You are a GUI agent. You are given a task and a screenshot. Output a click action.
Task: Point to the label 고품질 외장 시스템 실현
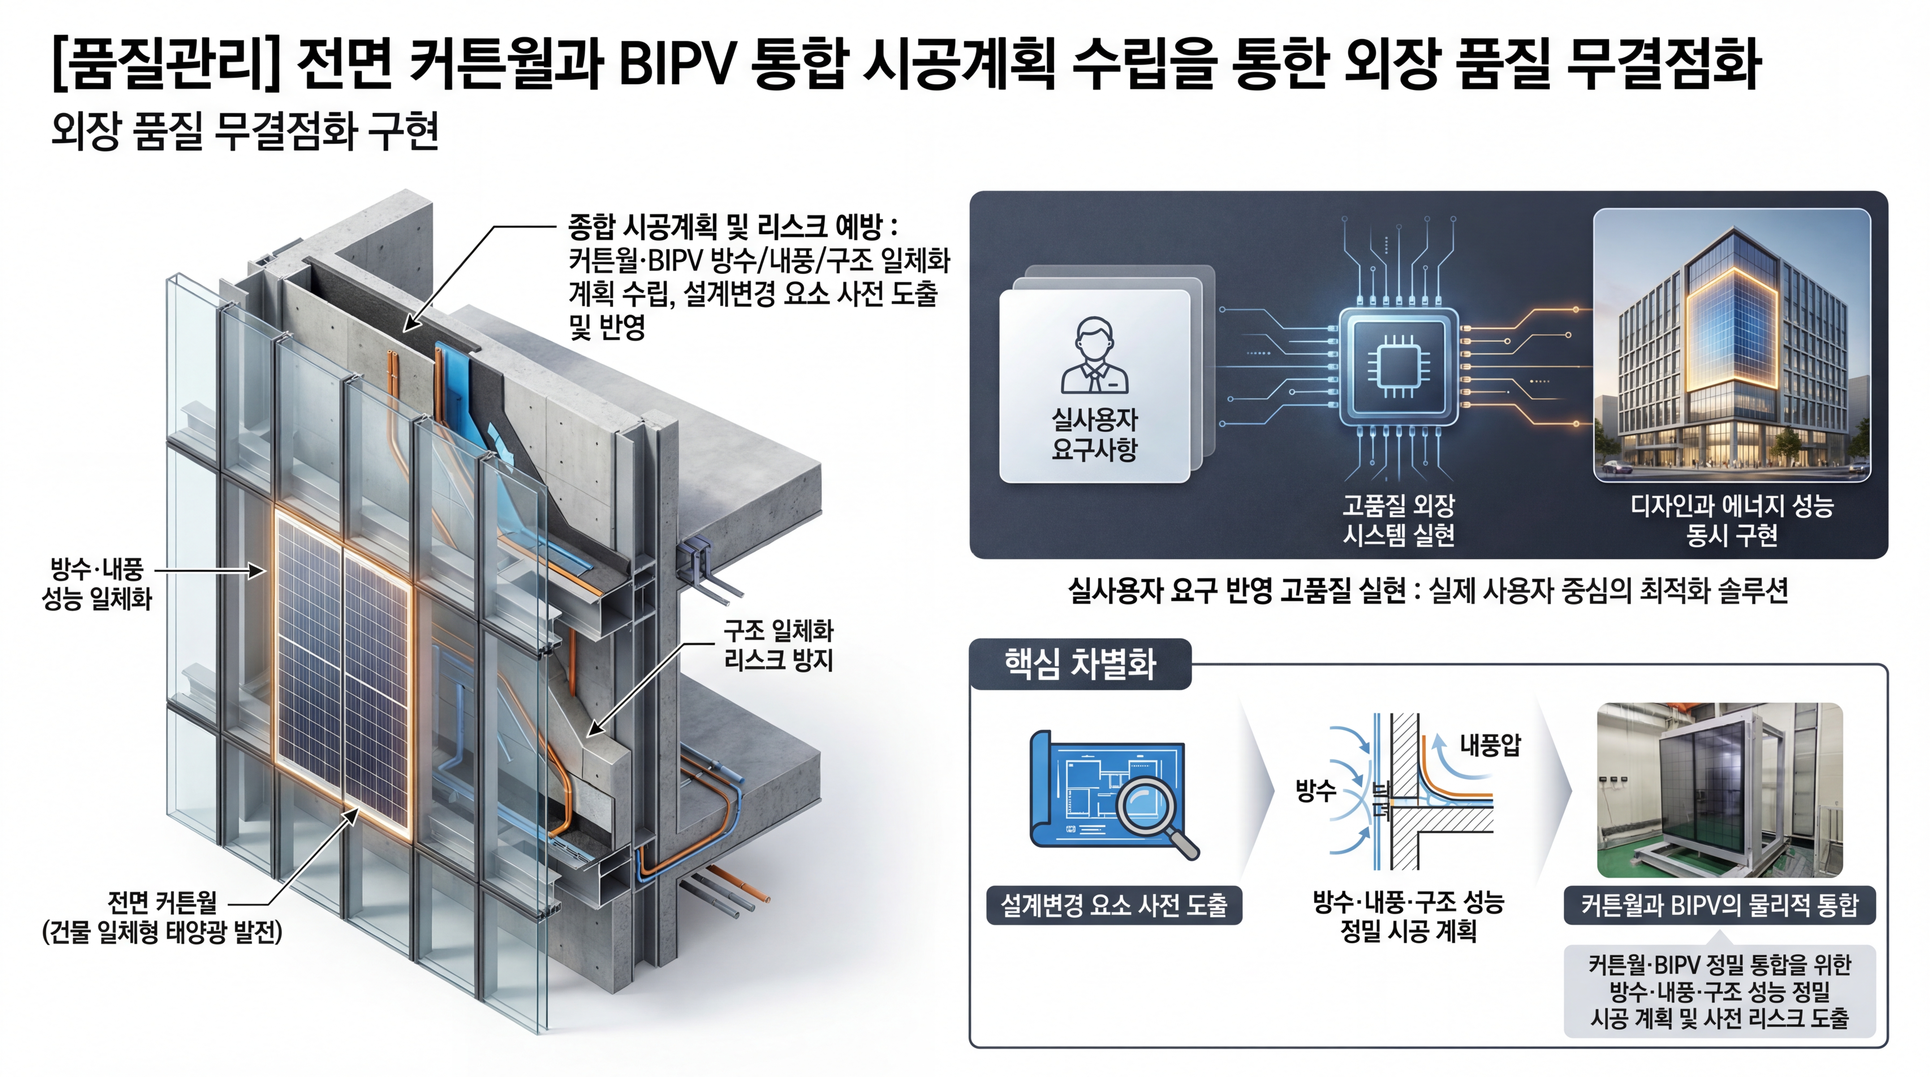click(x=1398, y=520)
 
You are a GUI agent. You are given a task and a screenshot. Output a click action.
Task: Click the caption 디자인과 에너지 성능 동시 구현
click(x=1732, y=520)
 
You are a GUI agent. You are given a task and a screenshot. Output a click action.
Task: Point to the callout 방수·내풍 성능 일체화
click(x=97, y=584)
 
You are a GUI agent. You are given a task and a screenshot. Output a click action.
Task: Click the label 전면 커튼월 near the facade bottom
click(x=162, y=902)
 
